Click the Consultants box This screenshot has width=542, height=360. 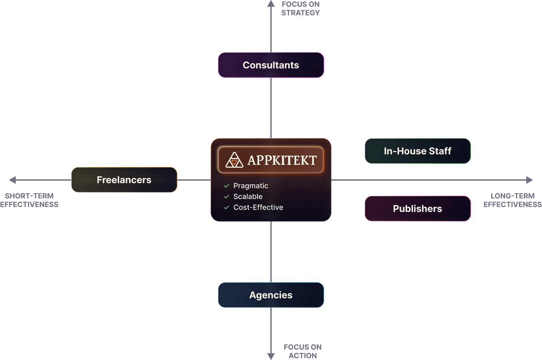click(x=271, y=65)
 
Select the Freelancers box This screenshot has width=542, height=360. click(x=124, y=180)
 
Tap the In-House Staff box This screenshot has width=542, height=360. click(x=417, y=151)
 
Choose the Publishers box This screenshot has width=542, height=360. click(x=417, y=209)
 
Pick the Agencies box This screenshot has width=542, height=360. click(x=271, y=295)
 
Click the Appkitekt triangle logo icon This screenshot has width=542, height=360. click(x=234, y=160)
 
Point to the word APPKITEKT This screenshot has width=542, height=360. click(x=282, y=160)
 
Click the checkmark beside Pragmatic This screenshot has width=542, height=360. click(x=227, y=186)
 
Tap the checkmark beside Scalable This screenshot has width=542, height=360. click(x=227, y=197)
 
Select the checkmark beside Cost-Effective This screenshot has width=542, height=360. click(x=227, y=207)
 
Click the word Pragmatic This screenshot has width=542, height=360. click(x=251, y=186)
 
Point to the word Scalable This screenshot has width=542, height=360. click(x=248, y=197)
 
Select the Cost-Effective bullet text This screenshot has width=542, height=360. click(x=258, y=207)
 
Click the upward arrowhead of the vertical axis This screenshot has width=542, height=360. click(x=271, y=4)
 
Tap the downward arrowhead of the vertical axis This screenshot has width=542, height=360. click(x=271, y=356)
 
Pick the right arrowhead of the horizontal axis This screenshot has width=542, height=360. click(x=530, y=180)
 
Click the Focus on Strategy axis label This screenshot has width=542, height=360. click(x=300, y=9)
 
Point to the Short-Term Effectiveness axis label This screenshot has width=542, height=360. click(x=29, y=200)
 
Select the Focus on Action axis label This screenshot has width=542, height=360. click(x=303, y=351)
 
